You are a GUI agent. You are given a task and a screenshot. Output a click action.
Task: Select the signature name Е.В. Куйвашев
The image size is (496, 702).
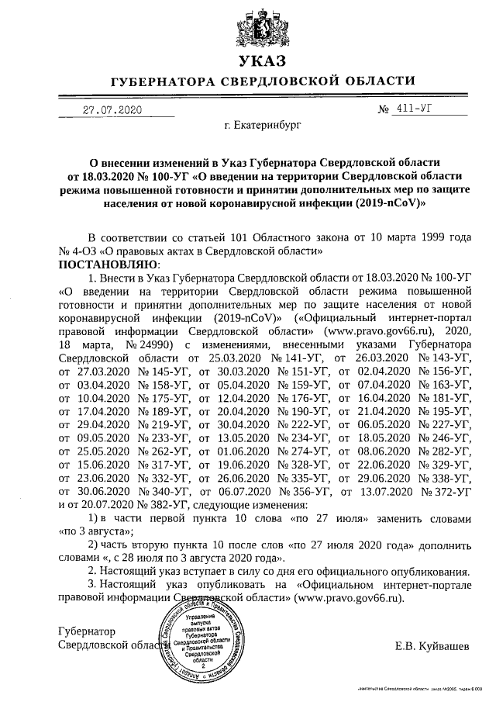pos(432,646)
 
